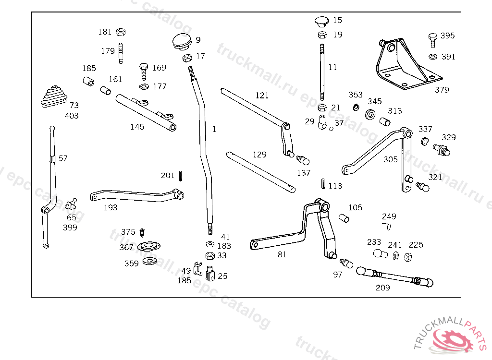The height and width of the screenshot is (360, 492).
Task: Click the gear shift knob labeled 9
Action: pos(182,42)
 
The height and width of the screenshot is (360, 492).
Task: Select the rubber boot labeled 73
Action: pos(54,96)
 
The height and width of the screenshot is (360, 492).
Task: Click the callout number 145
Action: pos(137,127)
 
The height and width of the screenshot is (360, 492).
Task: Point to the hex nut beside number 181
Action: pos(121,32)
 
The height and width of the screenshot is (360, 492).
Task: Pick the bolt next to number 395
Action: pos(433,40)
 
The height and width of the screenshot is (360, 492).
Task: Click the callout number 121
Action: pos(262,96)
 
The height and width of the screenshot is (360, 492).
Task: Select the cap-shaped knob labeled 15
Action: pos(322,21)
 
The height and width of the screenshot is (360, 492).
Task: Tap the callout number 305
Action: pos(390,159)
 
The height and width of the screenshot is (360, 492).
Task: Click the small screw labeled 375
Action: pos(142,233)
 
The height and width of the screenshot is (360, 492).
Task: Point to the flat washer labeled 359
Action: pos(150,261)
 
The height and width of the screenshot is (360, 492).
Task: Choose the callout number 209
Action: pos(383,288)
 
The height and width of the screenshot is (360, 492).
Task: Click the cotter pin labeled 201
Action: pos(181,176)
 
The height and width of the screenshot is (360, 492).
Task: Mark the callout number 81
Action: pos(282,254)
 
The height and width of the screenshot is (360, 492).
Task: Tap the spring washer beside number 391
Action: pos(433,57)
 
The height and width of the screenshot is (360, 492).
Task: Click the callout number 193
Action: pos(111,207)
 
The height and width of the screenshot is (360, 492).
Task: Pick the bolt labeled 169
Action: pos(143,71)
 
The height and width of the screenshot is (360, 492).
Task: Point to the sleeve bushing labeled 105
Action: pos(344,218)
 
